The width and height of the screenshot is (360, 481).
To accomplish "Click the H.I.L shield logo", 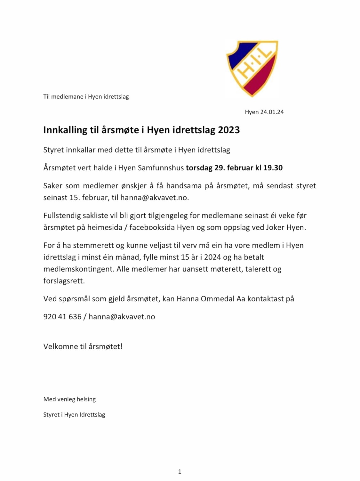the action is tap(252, 68).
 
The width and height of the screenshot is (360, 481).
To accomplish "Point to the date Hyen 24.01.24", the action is tap(264, 112).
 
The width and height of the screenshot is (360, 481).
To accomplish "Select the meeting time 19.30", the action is tap(273, 168).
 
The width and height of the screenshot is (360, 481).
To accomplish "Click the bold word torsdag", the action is tap(199, 168).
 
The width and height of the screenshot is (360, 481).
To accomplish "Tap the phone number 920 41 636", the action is tap(62, 317).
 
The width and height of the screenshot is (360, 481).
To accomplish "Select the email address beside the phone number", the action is tap(122, 317).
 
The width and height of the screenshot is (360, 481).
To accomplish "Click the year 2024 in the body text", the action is tap(212, 257).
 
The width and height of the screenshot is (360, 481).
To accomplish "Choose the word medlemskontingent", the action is tap(78, 269).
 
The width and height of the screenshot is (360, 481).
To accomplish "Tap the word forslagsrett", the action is tap(64, 281).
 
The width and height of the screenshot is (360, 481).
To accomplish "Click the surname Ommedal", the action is tap(217, 299).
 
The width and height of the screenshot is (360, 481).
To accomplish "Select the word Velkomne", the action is tap(60, 346).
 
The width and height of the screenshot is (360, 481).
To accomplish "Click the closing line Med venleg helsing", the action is tap(69, 399).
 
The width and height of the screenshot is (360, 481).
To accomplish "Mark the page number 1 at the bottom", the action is tap(180, 471).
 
